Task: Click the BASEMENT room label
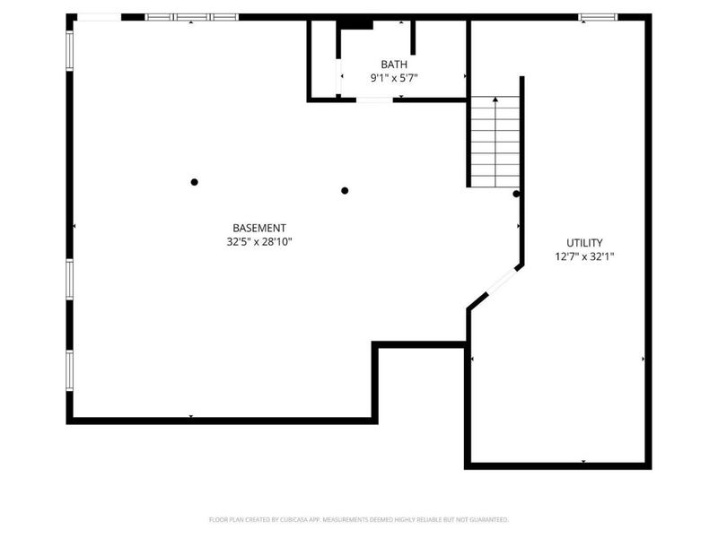click(259, 228)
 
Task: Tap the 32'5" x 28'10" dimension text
click(259, 241)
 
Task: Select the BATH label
click(393, 64)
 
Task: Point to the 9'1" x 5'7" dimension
click(394, 78)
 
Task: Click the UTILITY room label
click(584, 242)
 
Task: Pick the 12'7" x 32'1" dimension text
click(584, 256)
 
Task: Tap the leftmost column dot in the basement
click(194, 182)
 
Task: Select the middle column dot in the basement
click(345, 190)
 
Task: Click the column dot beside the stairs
click(516, 194)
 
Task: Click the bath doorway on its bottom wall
click(374, 100)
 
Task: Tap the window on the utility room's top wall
click(597, 16)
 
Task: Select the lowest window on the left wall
click(69, 370)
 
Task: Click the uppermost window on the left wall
click(69, 49)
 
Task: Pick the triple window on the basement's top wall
click(191, 16)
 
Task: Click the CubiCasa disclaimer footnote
click(359, 519)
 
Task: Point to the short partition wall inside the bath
click(413, 37)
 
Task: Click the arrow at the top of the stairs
click(495, 101)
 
